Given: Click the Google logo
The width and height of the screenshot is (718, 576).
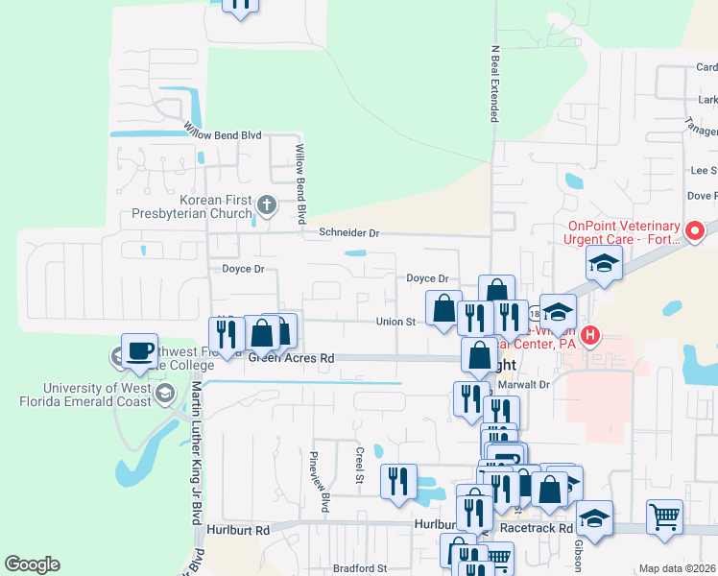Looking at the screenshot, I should (x=32, y=564).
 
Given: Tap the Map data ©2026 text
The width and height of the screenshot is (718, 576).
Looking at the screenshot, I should (x=678, y=568).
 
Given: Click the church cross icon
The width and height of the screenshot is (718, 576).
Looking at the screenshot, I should (x=267, y=204).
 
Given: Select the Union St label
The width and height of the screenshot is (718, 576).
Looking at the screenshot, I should (x=395, y=322).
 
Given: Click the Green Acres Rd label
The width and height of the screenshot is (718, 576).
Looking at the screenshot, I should (x=292, y=358).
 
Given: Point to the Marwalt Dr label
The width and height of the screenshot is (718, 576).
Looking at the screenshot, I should (x=522, y=384).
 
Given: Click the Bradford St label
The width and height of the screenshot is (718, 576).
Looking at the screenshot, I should (x=360, y=568).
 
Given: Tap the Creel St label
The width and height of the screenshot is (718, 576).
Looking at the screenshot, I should (x=360, y=465).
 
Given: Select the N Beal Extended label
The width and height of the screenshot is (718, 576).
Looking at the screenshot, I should (x=495, y=86).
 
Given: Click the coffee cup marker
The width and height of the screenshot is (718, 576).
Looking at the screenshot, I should (x=140, y=351).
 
